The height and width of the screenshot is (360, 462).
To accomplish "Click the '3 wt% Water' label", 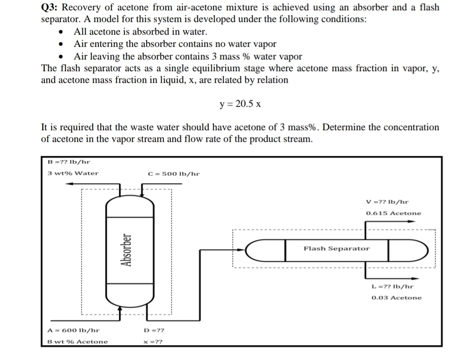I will pos(73,173).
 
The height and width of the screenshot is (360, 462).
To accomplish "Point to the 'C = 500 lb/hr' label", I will pos(173,174).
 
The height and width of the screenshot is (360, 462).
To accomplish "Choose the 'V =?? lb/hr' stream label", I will pos(387,202).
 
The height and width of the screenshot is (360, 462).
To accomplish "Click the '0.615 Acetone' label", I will pos(393,213).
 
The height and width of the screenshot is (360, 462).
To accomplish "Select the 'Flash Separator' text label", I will pos(337,249).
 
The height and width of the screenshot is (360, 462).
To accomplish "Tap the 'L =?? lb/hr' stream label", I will pos(392,286).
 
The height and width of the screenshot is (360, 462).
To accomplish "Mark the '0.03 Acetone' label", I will pos(396,298).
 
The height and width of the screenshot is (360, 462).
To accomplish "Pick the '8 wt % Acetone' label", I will pos(78,342).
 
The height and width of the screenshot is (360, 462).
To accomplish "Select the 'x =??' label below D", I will pos(154,342).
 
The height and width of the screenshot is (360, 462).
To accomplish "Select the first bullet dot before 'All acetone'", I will pos(61,33).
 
